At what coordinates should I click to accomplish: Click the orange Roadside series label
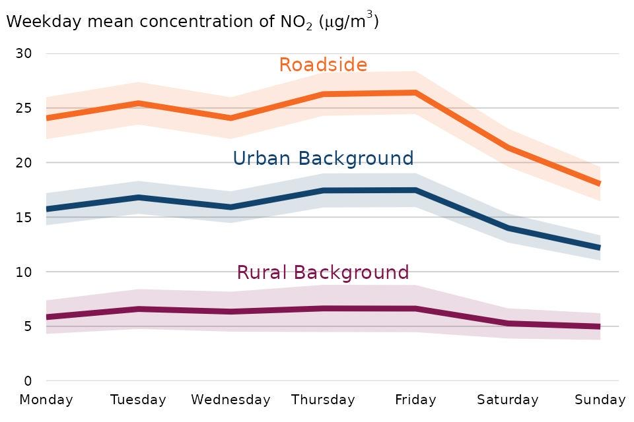(323, 65)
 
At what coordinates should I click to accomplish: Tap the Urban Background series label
(323, 158)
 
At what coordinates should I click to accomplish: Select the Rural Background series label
(323, 272)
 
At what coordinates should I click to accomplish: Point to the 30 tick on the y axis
(23, 53)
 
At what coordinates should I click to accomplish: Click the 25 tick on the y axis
(23, 108)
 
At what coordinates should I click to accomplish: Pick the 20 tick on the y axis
(23, 163)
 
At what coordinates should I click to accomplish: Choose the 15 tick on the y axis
(23, 218)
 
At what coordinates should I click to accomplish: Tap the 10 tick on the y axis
(23, 272)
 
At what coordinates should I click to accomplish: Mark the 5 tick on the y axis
(27, 326)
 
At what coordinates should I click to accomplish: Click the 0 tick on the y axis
(27, 381)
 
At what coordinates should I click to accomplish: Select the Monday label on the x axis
(46, 400)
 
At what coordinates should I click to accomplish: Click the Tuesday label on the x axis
(138, 400)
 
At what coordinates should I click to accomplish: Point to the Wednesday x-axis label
(231, 400)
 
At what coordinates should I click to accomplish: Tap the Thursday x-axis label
(323, 400)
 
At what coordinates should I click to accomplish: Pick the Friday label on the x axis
(415, 400)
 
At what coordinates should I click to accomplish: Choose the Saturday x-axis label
(508, 400)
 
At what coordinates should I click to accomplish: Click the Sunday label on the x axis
(600, 400)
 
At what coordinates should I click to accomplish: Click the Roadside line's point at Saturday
(508, 147)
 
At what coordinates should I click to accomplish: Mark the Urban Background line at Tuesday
(139, 197)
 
